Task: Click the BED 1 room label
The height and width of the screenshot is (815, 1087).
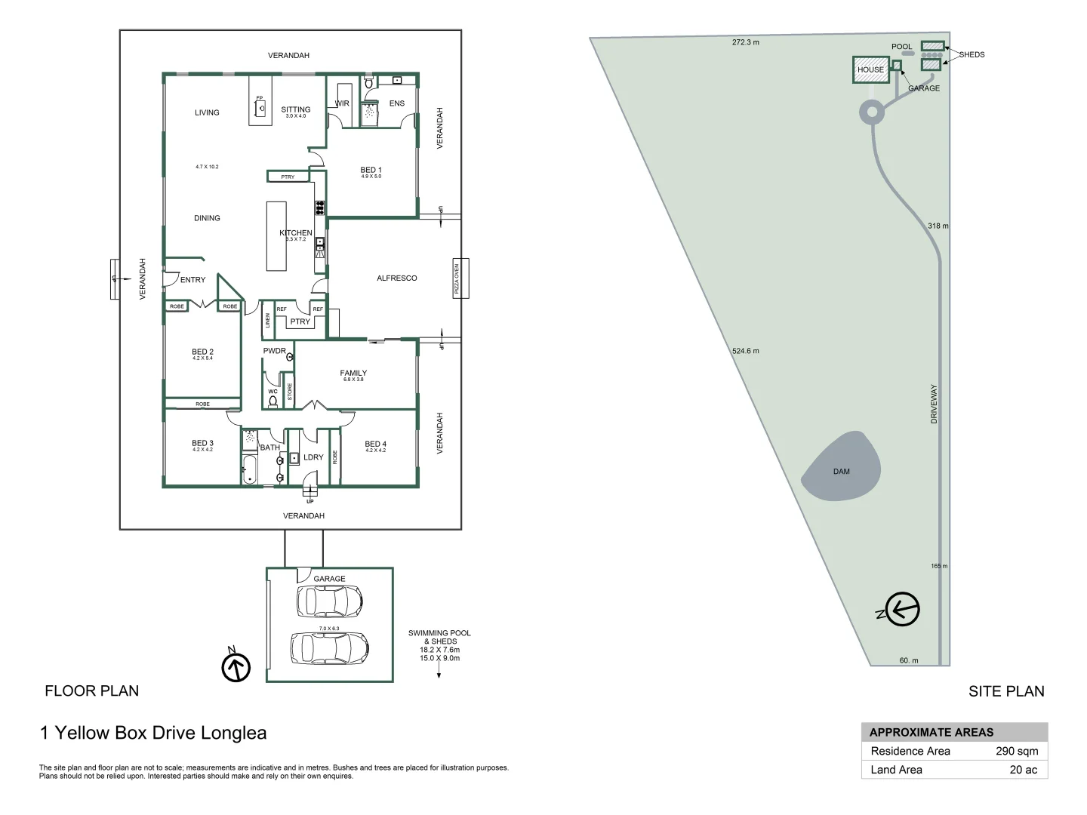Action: pos(371,171)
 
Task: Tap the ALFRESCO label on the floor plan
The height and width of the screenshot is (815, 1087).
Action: pos(396,278)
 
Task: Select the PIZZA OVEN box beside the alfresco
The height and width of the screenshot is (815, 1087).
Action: pos(460,278)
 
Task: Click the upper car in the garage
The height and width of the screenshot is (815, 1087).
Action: pos(329,601)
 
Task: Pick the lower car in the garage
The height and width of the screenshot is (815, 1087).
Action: pos(329,647)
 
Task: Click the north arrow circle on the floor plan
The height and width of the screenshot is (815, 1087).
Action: pos(236,667)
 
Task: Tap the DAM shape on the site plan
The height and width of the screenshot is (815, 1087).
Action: pos(841,468)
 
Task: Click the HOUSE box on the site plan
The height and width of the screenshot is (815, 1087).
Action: pos(870,69)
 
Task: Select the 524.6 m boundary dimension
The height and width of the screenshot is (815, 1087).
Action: pos(745,351)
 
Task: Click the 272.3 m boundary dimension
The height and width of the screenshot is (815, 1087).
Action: pos(745,42)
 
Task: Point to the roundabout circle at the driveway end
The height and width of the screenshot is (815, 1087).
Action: pos(872,113)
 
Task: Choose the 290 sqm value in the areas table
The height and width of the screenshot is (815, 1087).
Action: pos(1016,751)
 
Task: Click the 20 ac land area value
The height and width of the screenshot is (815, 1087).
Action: pos(1023,770)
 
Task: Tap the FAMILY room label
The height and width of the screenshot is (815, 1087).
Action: pos(353,374)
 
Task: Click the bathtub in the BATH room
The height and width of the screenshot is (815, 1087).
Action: pos(249,469)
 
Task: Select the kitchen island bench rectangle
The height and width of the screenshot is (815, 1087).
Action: pos(276,235)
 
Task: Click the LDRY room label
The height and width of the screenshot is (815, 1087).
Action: pos(313,457)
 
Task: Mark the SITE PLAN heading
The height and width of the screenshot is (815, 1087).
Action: pos(1006,691)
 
